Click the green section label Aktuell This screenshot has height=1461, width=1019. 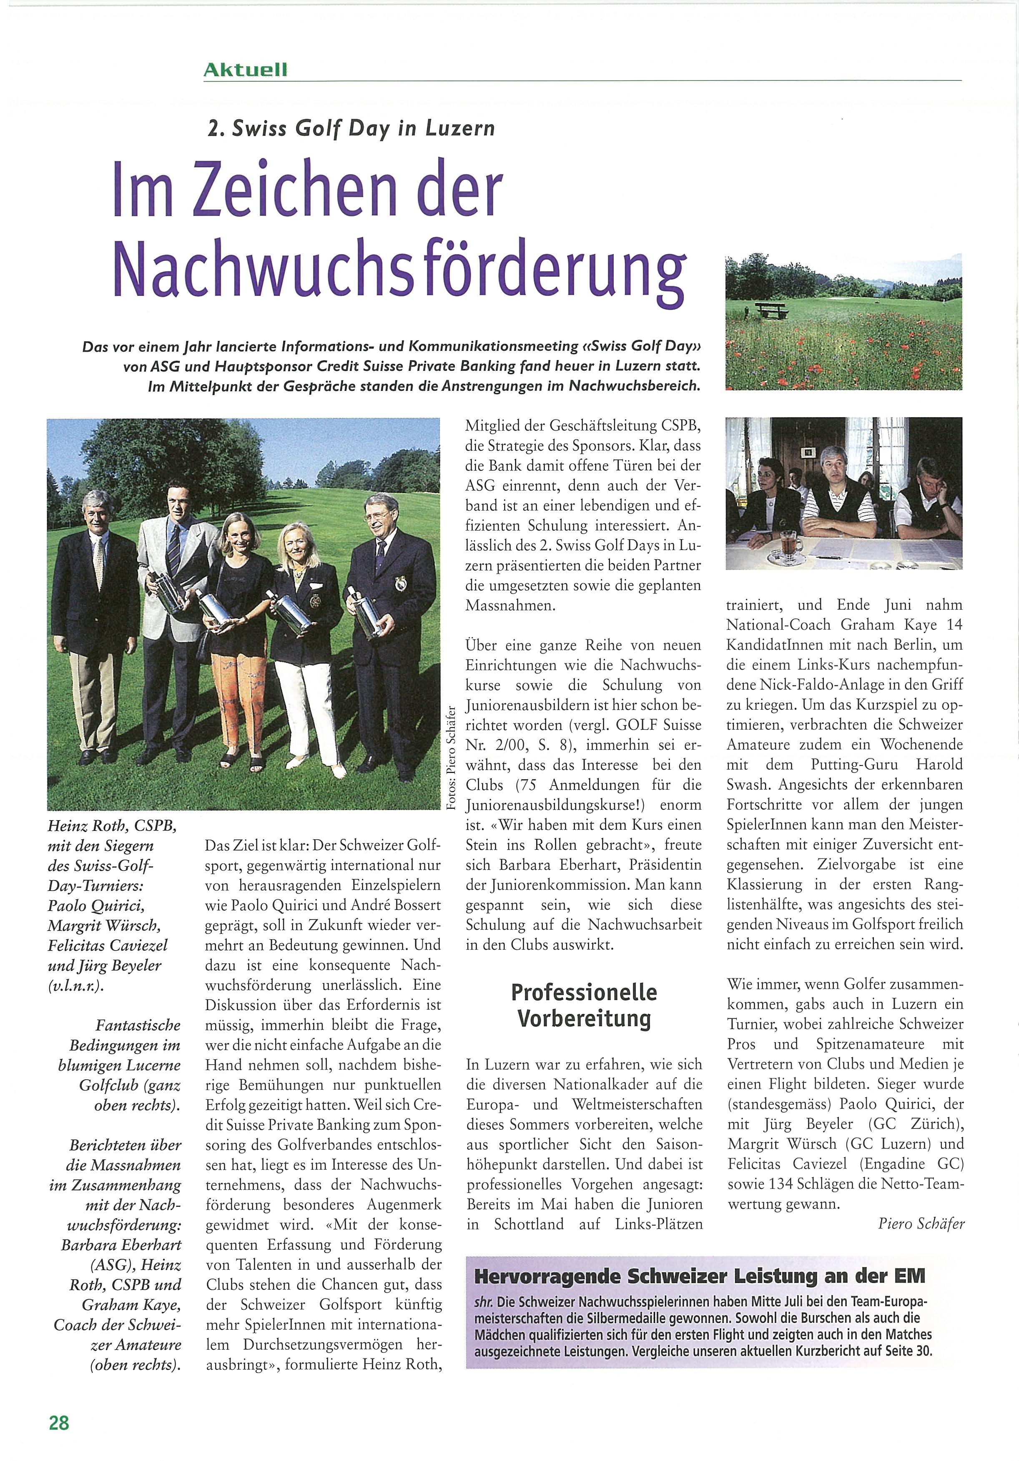(245, 70)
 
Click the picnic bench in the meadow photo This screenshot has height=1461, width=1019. (771, 310)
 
